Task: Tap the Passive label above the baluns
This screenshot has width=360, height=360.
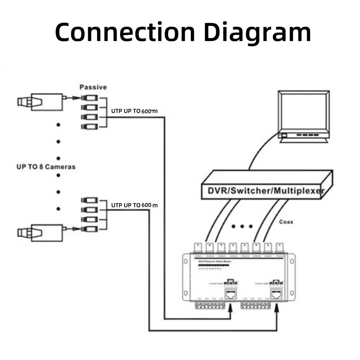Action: (93, 87)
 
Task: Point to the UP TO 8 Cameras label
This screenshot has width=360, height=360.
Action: (46, 167)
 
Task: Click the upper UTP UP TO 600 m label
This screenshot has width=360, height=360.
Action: (134, 111)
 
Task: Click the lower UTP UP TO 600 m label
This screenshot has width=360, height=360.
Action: (134, 205)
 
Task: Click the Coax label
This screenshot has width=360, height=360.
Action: (286, 222)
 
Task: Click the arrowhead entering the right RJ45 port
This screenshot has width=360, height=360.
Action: (277, 307)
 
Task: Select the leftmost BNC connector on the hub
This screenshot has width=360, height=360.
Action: (198, 248)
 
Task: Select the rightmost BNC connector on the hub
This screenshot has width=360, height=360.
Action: (279, 248)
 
